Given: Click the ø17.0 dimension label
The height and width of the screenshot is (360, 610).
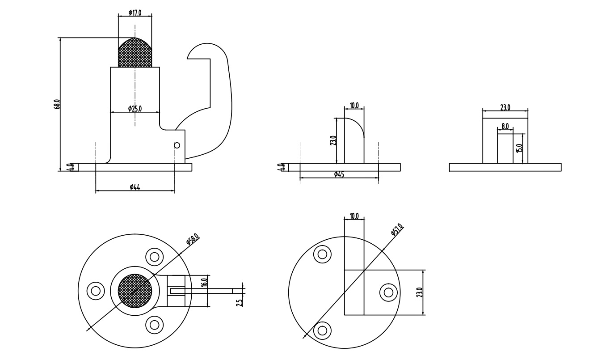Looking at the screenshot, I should (135, 13).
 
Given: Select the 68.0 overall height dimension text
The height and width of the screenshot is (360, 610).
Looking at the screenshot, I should (57, 104).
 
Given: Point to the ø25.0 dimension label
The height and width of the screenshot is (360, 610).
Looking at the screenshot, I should (135, 108).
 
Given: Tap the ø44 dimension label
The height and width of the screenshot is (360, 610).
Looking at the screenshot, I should (135, 187).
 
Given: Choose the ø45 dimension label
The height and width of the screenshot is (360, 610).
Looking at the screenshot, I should (339, 174).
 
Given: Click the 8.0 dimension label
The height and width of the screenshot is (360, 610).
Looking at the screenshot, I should (505, 127).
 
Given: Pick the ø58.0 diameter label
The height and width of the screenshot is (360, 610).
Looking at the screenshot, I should (193, 240).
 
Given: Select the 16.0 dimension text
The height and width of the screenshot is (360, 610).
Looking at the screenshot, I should (204, 283).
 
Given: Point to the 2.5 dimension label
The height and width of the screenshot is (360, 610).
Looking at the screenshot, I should (240, 302).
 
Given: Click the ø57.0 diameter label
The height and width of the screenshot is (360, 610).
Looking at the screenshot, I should (397, 229).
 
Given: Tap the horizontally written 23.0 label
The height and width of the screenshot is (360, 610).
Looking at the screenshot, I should (505, 107).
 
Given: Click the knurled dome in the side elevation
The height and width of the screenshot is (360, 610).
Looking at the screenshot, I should (135, 53).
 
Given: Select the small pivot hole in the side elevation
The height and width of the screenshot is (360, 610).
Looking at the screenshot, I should (177, 145).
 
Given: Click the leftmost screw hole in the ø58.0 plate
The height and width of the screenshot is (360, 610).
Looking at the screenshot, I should (95, 291).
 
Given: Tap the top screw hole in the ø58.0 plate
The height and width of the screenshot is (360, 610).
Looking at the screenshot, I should (154, 257).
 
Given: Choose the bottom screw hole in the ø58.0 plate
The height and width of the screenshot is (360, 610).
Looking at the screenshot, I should (154, 324).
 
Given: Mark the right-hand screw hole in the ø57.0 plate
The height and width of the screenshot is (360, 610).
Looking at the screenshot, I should (388, 292).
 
